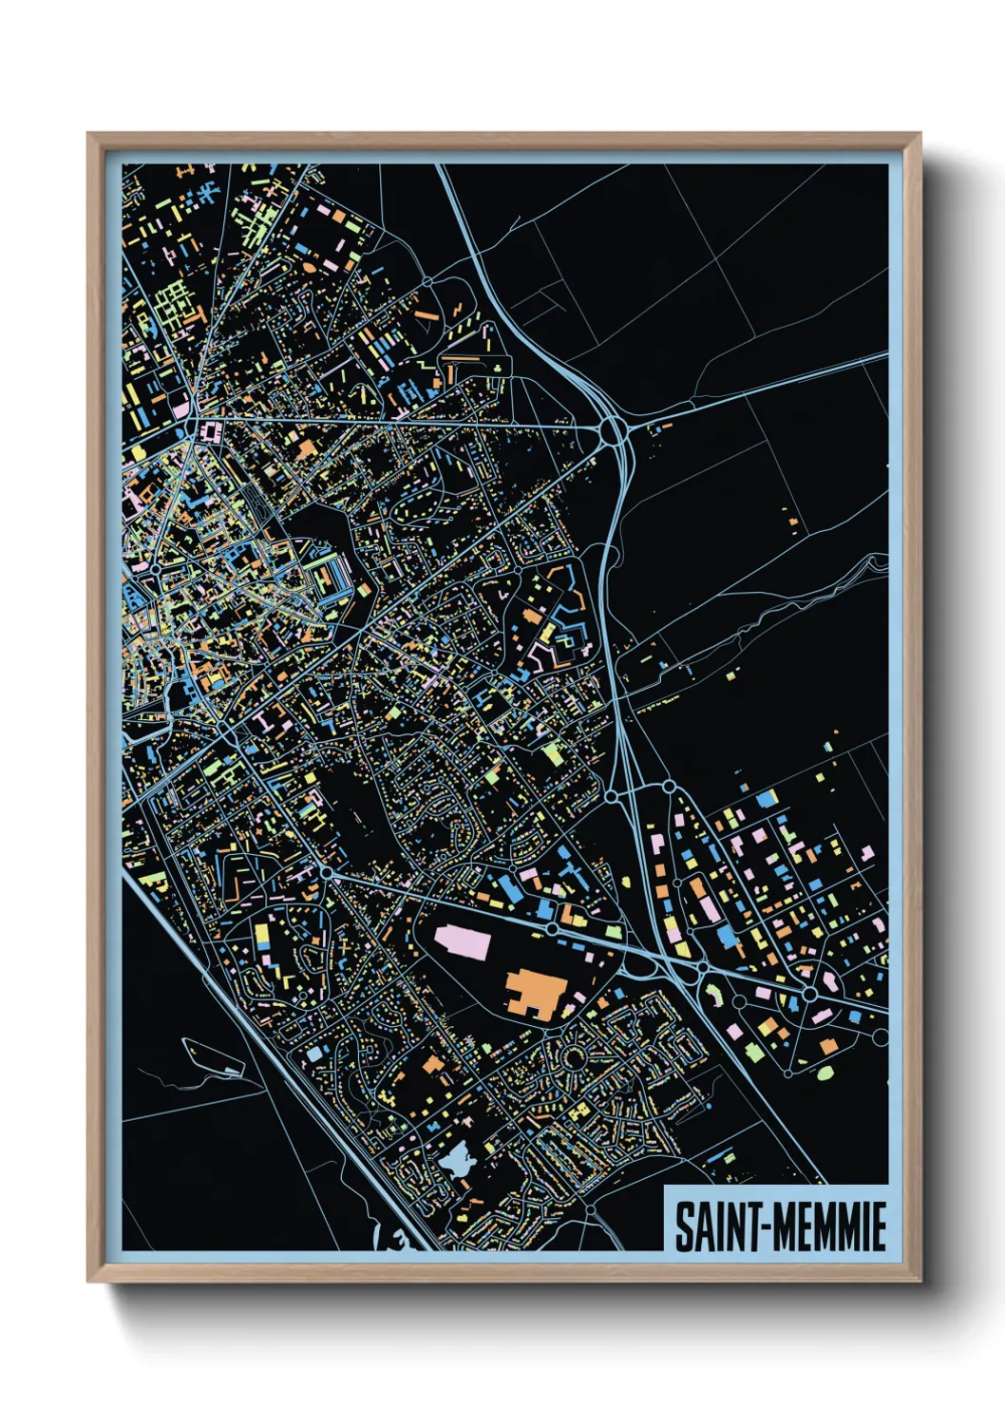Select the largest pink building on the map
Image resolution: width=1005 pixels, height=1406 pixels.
point(463,943)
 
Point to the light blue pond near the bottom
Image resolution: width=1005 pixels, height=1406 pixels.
point(457,1160)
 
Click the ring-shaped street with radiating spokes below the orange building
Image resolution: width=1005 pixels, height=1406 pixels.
point(576,1055)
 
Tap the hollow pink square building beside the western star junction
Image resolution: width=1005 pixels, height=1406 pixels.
point(209,433)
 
